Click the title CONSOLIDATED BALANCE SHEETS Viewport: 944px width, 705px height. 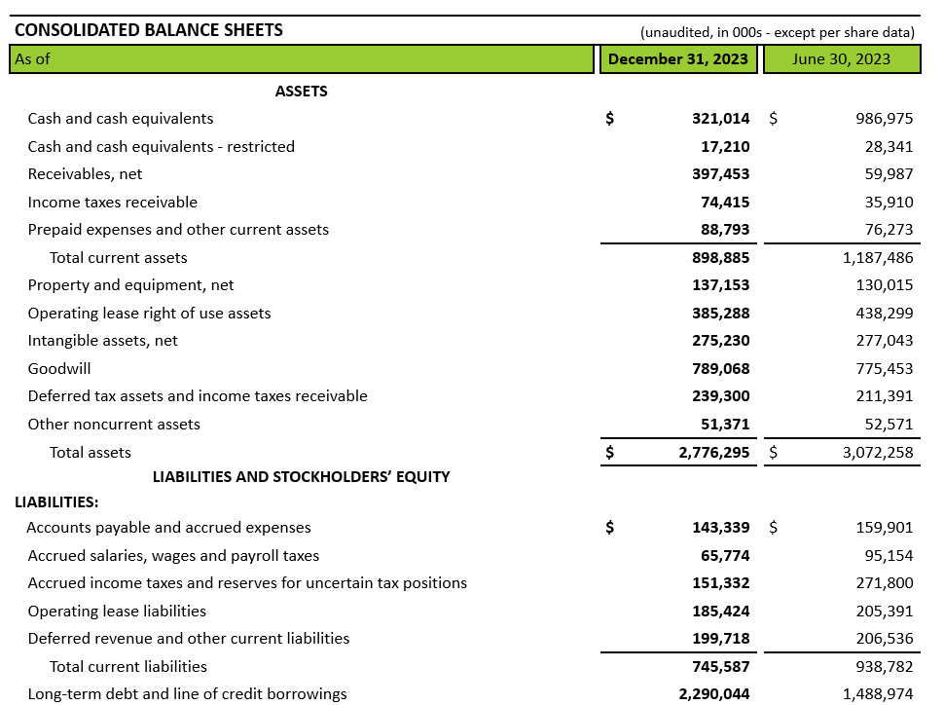(149, 30)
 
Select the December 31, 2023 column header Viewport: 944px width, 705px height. (678, 58)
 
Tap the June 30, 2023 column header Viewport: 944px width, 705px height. (841, 58)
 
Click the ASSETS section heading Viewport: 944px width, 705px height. (302, 92)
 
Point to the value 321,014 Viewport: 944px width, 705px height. (720, 119)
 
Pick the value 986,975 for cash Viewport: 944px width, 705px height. (884, 119)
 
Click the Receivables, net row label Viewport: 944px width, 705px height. (85, 174)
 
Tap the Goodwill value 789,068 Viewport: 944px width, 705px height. (720, 369)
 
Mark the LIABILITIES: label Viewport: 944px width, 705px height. (56, 502)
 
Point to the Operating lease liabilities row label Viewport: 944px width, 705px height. (117, 612)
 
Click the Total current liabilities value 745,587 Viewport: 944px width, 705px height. (720, 667)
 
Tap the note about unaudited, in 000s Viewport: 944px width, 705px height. (777, 32)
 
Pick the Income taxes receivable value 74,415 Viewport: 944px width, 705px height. (724, 203)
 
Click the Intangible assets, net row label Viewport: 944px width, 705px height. (102, 341)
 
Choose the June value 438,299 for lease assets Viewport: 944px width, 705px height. (884, 314)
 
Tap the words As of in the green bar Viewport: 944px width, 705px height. (32, 58)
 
